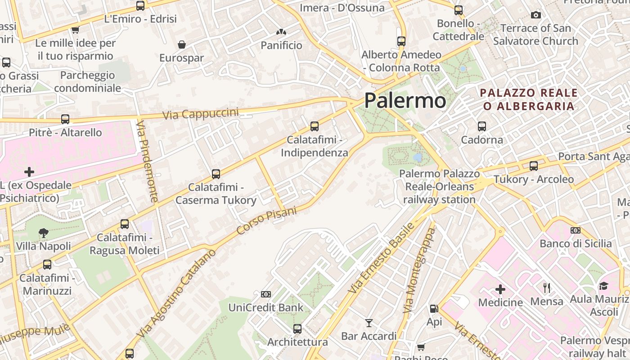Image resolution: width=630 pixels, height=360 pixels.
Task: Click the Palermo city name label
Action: (x=405, y=100)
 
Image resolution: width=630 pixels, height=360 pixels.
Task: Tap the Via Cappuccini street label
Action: (x=200, y=113)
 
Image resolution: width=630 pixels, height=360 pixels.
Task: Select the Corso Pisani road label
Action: (x=266, y=220)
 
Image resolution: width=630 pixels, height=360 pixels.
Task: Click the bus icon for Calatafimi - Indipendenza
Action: (x=315, y=126)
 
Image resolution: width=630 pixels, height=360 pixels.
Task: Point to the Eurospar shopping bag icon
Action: (x=182, y=45)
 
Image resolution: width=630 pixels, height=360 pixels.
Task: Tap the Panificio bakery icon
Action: (x=281, y=32)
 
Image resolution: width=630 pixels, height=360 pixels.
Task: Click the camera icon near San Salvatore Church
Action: (x=535, y=15)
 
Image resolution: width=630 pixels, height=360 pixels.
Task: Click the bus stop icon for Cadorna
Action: (x=482, y=126)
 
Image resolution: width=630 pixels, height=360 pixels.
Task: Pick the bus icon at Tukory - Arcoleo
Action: (x=534, y=166)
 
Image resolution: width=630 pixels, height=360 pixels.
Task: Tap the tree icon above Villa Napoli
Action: (x=44, y=233)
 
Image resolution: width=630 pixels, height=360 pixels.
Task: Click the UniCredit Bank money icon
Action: (x=266, y=294)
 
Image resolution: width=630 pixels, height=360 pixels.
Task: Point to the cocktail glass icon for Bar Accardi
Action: (x=369, y=323)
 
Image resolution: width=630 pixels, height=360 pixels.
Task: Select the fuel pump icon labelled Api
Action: (x=434, y=309)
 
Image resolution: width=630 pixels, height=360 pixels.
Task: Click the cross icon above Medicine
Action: (x=500, y=289)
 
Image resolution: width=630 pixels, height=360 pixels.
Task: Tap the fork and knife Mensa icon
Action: (x=547, y=288)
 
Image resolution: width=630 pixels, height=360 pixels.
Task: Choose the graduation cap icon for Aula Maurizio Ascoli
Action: (x=603, y=286)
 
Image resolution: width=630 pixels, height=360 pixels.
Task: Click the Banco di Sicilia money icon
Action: (x=576, y=230)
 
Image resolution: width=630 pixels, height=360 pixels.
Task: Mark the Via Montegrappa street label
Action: (x=420, y=270)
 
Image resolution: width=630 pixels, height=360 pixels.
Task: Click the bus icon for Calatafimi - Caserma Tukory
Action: (x=216, y=174)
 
